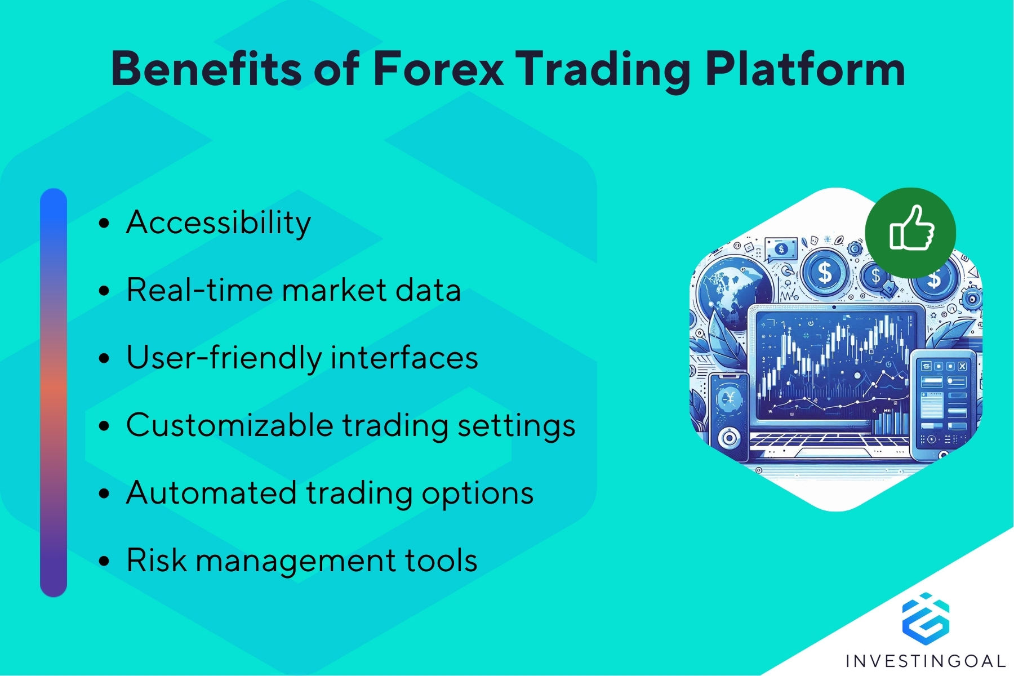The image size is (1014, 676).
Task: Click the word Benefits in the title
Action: (x=206, y=69)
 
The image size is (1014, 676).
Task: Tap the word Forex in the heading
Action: (x=438, y=69)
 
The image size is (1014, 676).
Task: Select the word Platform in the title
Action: (x=805, y=69)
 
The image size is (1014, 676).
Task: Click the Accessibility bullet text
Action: (x=219, y=223)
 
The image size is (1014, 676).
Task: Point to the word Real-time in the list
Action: (x=199, y=290)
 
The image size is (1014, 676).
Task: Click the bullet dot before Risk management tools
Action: (x=104, y=562)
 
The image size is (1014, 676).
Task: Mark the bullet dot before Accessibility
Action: (x=104, y=224)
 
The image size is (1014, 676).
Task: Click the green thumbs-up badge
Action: (x=910, y=232)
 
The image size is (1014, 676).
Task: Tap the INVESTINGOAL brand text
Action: (x=926, y=660)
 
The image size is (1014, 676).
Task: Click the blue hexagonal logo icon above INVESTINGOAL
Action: (x=926, y=616)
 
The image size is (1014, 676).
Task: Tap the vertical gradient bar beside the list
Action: (x=54, y=393)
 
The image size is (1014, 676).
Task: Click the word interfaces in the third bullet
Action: (x=404, y=358)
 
